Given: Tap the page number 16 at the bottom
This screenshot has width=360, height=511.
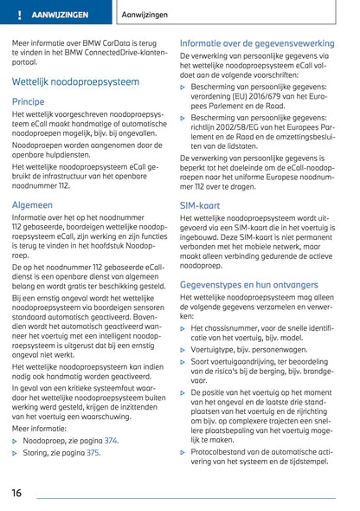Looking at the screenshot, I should [17, 492].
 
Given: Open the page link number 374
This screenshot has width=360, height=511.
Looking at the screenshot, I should [111, 440].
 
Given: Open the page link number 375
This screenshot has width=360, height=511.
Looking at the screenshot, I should [104, 451].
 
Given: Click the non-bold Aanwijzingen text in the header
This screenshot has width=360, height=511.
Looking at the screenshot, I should [145, 16].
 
